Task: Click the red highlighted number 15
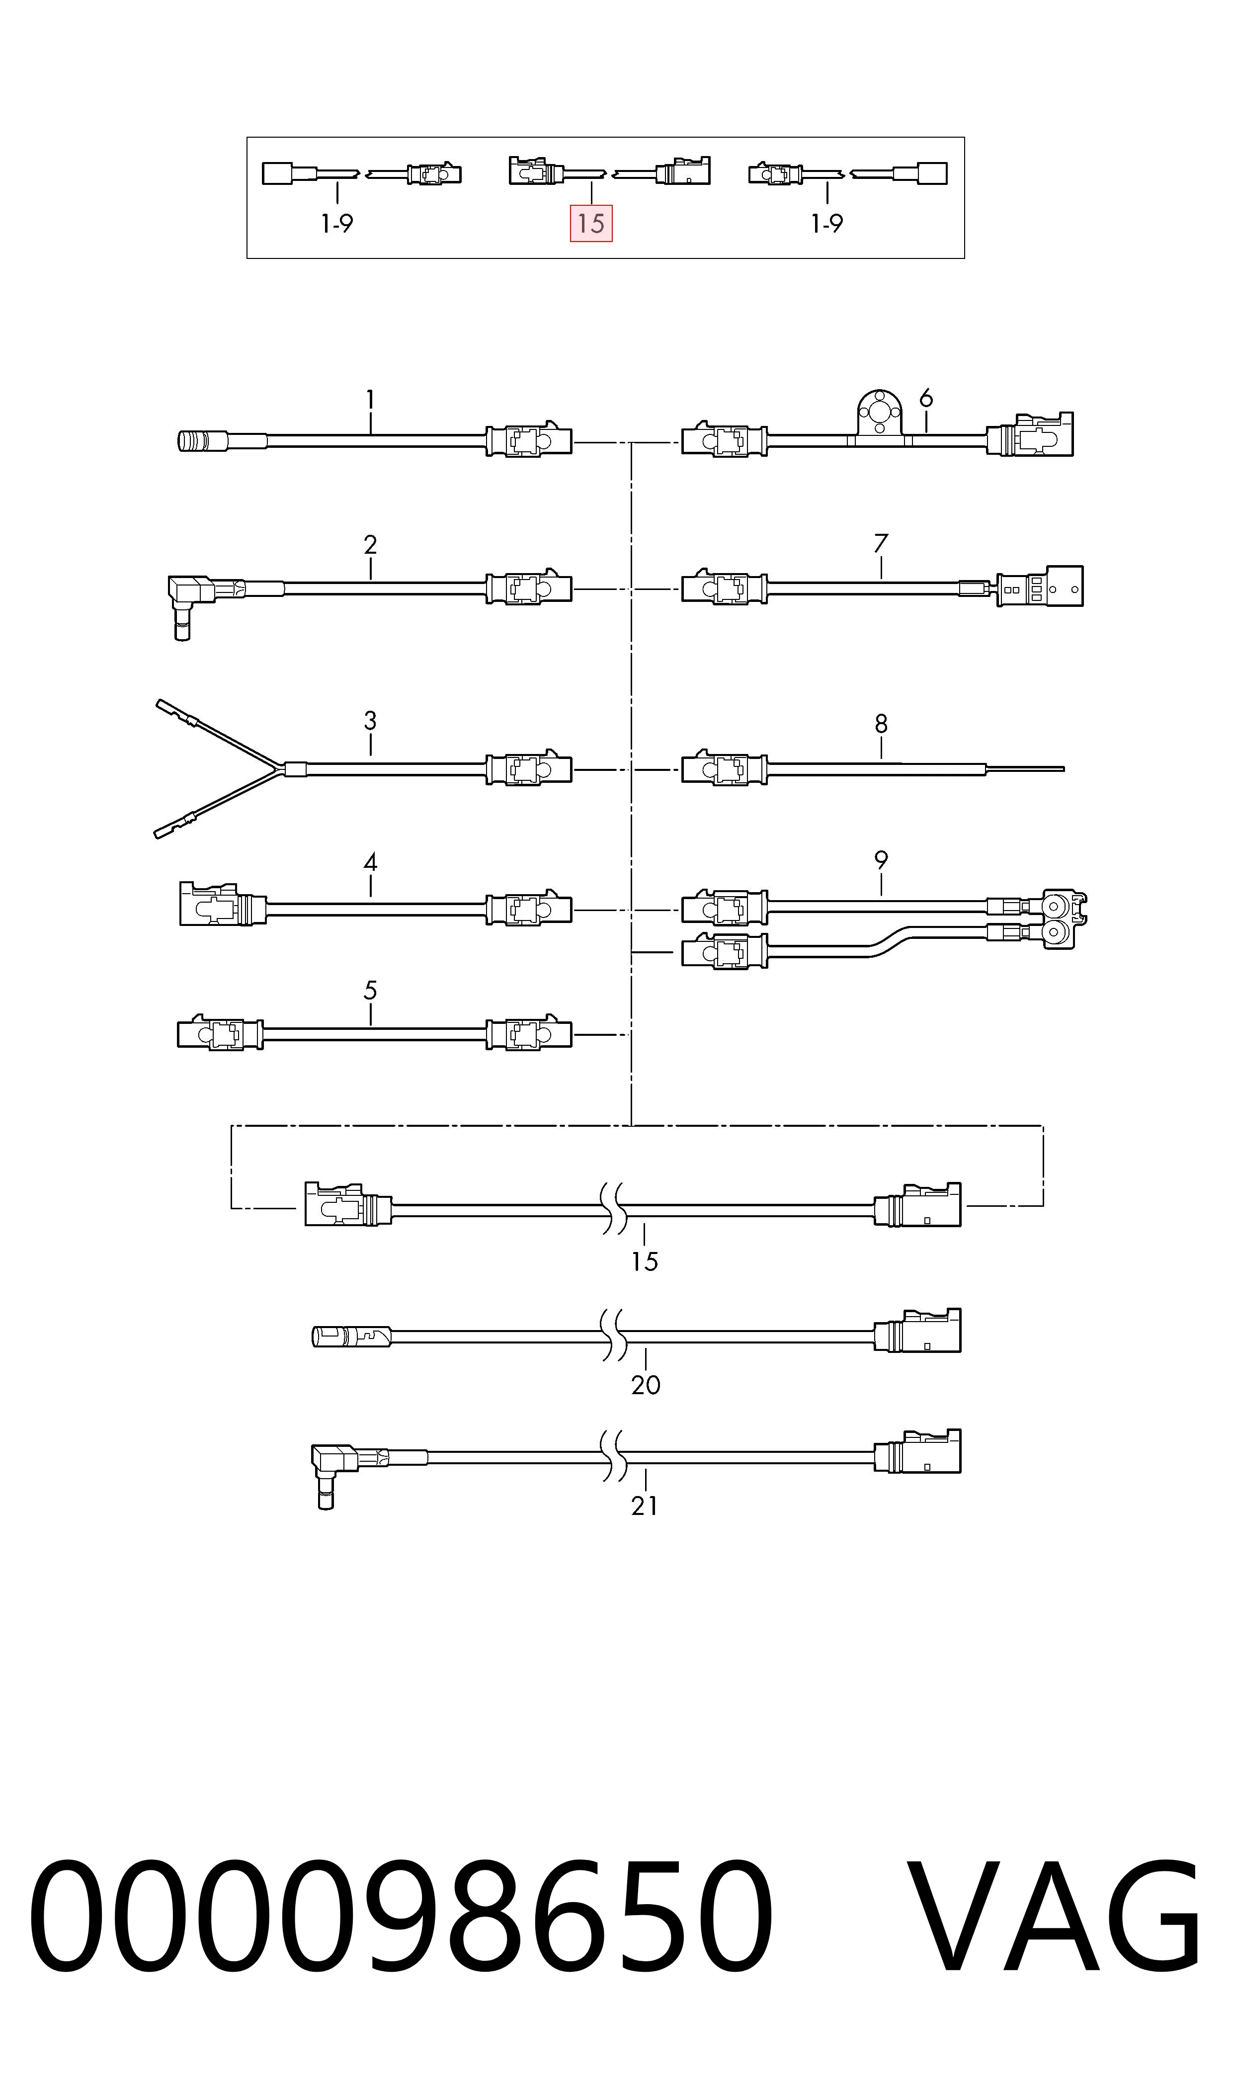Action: coord(591,224)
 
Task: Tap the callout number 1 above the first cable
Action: coord(371,401)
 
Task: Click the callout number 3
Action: coord(371,720)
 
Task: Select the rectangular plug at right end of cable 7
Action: coord(1040,586)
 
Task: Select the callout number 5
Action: coord(371,991)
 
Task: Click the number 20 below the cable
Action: coord(646,1385)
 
